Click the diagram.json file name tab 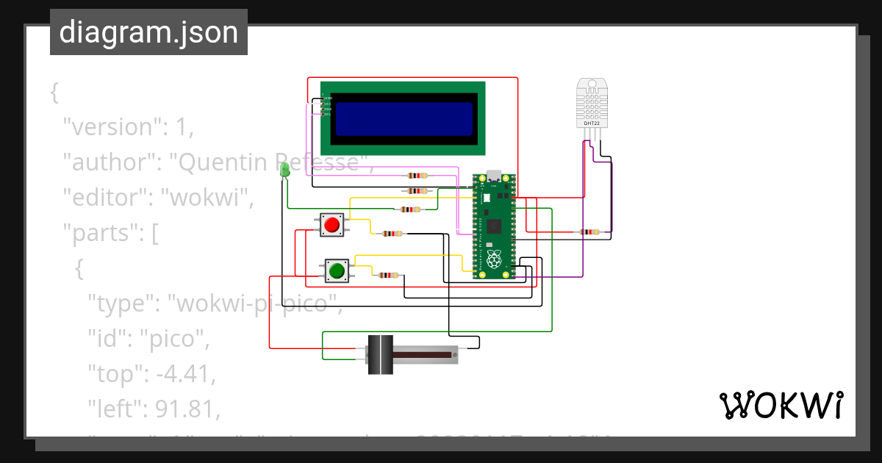pyautogui.click(x=148, y=32)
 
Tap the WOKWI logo pyautogui.click(x=781, y=406)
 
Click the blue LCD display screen pyautogui.click(x=404, y=119)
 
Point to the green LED pyautogui.click(x=284, y=171)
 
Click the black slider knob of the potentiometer pyautogui.click(x=380, y=355)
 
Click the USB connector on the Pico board pyautogui.click(x=494, y=176)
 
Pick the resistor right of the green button pyautogui.click(x=387, y=276)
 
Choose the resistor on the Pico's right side pyautogui.click(x=589, y=232)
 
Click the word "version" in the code pyautogui.click(x=110, y=127)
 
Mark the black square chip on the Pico pyautogui.click(x=494, y=226)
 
